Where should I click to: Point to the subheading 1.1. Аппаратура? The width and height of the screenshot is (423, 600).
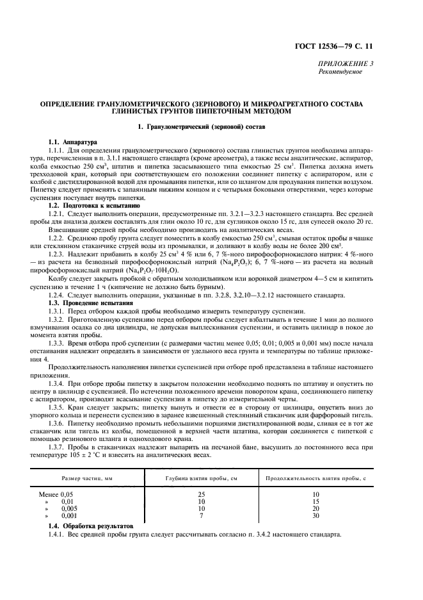[72, 142]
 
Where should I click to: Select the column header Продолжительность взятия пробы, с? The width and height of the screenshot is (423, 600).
[315, 478]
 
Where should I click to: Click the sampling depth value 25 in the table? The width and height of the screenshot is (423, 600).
[201, 495]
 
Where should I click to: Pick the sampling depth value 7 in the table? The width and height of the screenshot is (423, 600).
[201, 515]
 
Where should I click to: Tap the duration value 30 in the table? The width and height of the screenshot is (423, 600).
[315, 515]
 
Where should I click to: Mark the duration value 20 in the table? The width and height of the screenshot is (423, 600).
[315, 508]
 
